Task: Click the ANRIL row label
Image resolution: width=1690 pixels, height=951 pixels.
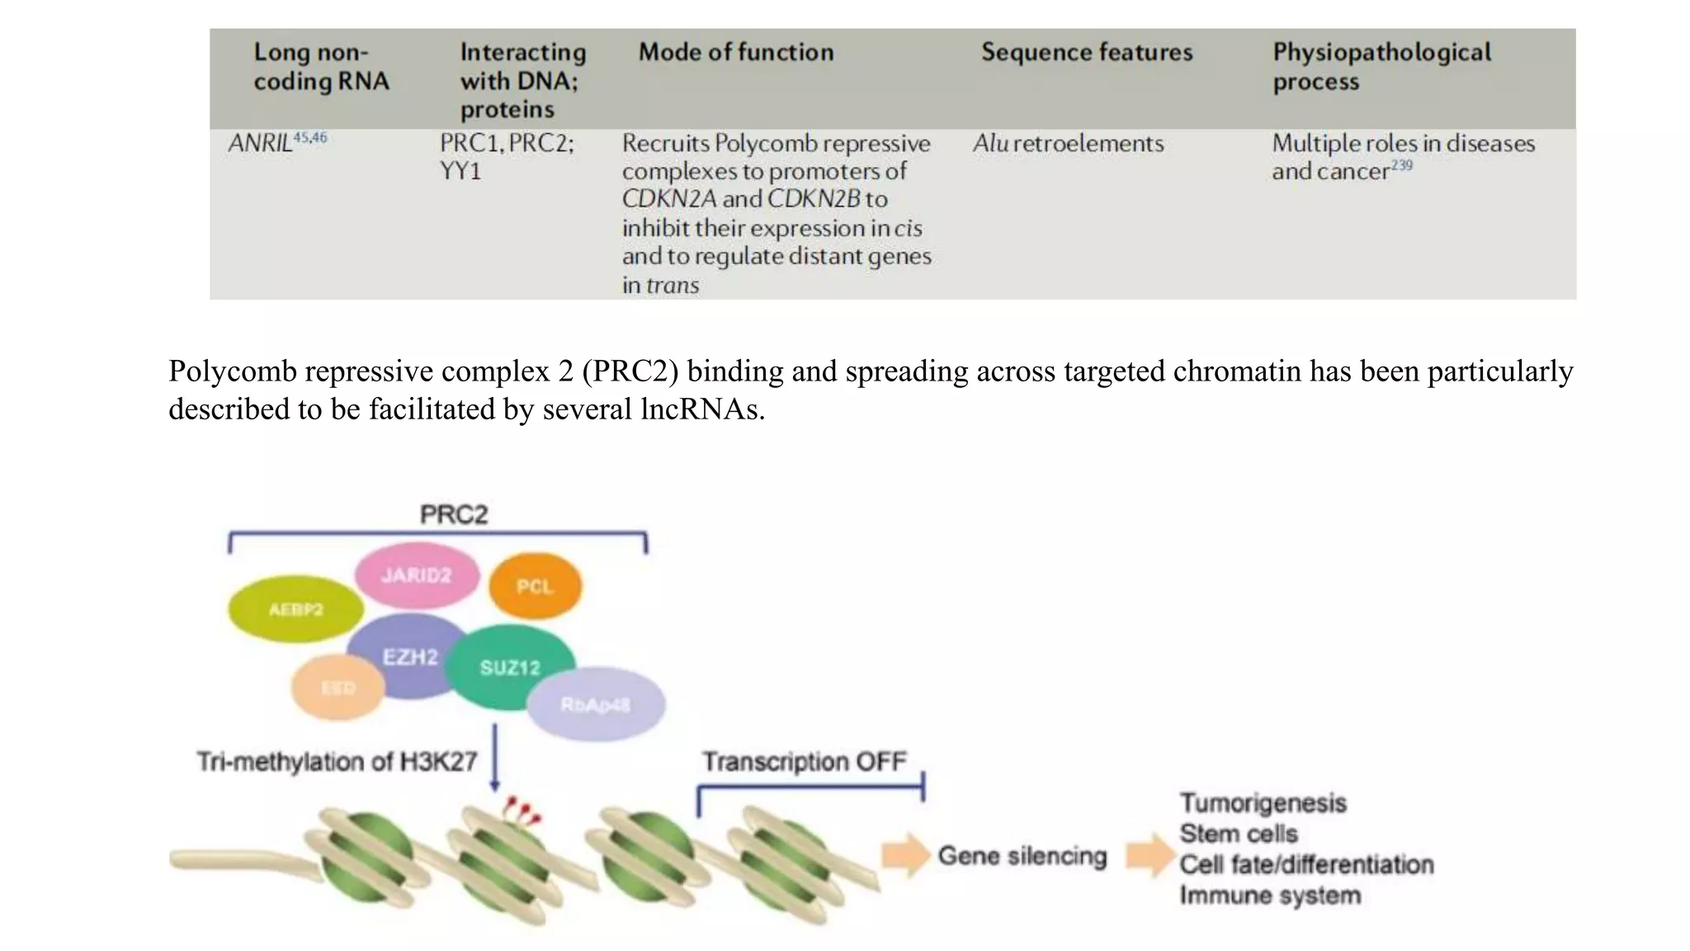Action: tap(261, 143)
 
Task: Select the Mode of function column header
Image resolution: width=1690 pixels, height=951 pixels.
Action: tap(735, 52)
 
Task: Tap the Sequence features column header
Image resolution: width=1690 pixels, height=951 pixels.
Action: tap(1086, 52)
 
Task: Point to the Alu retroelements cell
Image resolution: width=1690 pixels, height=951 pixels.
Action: tap(1068, 143)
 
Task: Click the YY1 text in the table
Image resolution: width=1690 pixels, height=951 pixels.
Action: tap(460, 171)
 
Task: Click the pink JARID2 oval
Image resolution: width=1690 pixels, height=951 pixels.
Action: tap(417, 575)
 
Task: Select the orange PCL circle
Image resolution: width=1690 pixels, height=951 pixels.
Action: tap(535, 586)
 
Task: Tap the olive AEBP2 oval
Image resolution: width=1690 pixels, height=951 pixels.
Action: tap(295, 609)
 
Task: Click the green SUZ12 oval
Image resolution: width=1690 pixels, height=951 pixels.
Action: tap(510, 667)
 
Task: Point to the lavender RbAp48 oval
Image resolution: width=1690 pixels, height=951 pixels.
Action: tap(596, 704)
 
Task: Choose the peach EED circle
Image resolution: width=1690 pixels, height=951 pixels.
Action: tap(338, 688)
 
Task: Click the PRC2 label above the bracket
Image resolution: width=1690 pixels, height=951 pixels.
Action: tap(453, 514)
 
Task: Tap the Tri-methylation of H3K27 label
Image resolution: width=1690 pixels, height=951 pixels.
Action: tap(337, 760)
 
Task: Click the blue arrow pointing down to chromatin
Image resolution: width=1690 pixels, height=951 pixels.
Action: tap(494, 755)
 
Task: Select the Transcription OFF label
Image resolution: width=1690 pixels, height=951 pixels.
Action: tap(804, 760)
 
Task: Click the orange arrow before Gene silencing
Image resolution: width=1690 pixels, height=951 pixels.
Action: tap(905, 855)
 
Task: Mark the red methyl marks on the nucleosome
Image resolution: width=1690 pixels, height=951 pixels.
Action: tap(522, 810)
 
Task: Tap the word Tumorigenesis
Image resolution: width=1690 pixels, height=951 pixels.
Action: tap(1263, 802)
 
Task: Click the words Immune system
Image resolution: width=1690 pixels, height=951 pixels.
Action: tap(1269, 895)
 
